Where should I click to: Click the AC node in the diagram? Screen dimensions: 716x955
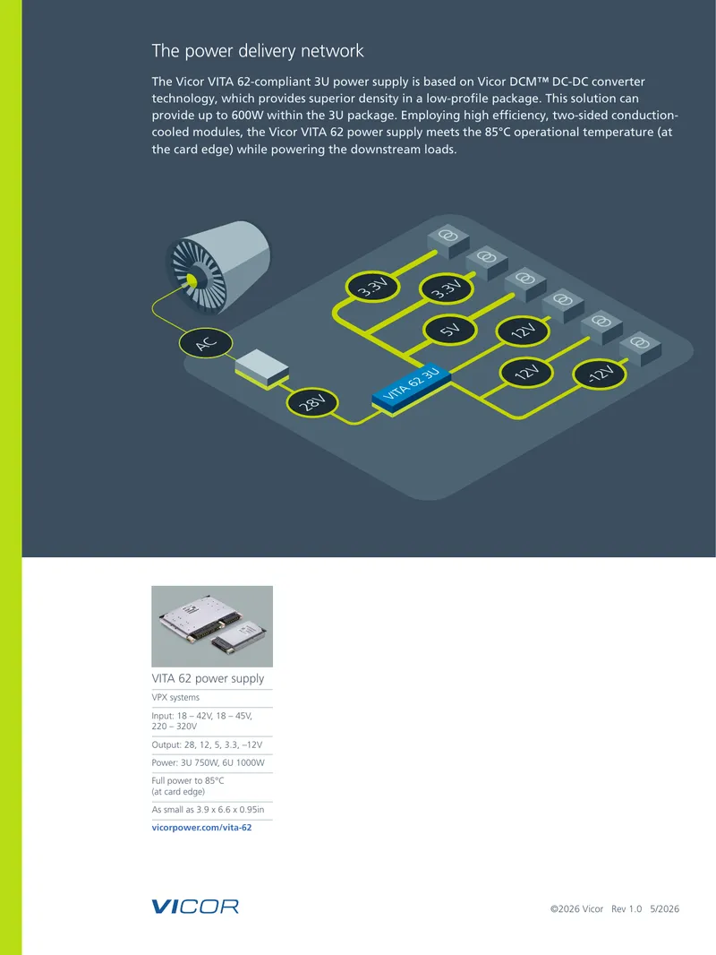coord(206,343)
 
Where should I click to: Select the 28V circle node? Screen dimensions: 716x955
coord(312,403)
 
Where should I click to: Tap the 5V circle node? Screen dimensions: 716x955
coord(450,330)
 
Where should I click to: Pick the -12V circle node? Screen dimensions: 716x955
coord(600,374)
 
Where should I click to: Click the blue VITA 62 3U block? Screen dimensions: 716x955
coord(412,387)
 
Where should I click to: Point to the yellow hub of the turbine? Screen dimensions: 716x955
coord(192,280)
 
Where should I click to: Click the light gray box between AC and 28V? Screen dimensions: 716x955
coord(262,368)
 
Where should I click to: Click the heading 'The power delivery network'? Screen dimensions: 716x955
coord(258,50)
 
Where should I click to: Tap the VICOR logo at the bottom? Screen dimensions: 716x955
coord(195,907)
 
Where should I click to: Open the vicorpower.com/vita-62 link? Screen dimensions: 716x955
coord(201,828)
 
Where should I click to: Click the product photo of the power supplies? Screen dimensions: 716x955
coord(212,626)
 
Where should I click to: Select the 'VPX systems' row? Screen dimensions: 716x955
coord(175,697)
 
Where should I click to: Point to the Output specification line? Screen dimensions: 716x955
coord(207,744)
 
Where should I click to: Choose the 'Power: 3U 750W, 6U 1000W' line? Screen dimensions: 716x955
coord(208,762)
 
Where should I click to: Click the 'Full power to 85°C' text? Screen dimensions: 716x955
coord(188,781)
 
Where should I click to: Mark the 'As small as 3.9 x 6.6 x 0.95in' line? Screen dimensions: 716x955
coord(208,810)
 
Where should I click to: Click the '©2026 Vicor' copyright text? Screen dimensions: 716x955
coord(576,908)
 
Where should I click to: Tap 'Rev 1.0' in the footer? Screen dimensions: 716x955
coord(626,908)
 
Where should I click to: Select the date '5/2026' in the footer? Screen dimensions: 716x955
coord(664,908)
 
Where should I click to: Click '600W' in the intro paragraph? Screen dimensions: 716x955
coord(248,115)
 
